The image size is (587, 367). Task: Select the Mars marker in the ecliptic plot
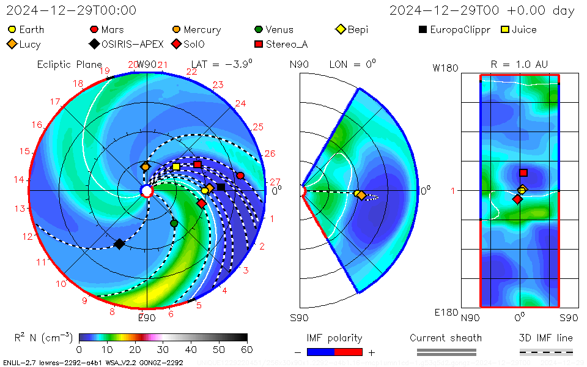[x=240, y=176]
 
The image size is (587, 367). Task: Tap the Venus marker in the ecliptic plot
[x=174, y=223]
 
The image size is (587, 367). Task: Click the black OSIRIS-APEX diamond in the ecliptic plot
[x=119, y=244]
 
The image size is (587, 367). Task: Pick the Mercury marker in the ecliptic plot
[x=145, y=166]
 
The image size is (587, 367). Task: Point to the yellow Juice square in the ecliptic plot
[x=176, y=166]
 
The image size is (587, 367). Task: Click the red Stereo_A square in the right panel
[x=523, y=173]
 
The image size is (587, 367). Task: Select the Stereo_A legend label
[x=287, y=44]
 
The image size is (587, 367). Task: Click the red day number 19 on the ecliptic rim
[x=105, y=71]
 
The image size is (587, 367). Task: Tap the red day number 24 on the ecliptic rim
[x=240, y=104]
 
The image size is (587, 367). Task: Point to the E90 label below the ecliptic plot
[x=147, y=317]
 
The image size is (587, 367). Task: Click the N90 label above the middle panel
[x=299, y=64]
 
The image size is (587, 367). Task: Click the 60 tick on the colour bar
[x=247, y=349]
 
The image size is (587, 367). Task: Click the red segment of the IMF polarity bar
[x=349, y=352]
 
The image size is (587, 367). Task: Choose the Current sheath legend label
[x=446, y=338]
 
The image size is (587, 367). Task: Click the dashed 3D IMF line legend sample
[x=546, y=352]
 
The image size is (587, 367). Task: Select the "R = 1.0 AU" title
[x=519, y=64]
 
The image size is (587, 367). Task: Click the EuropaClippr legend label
[x=460, y=29]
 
